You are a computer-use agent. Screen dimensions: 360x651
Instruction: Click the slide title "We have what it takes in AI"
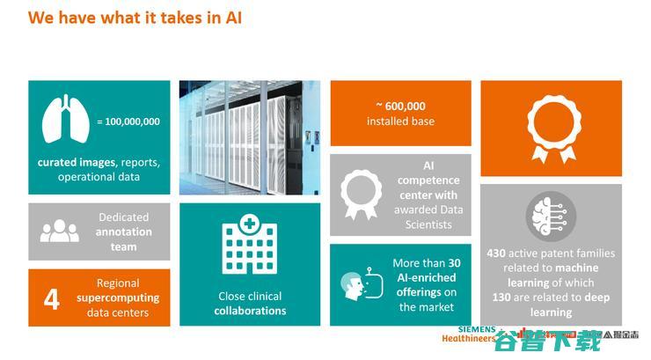135,18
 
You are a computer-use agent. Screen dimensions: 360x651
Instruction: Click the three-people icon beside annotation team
59,231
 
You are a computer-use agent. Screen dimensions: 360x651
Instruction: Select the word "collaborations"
251,311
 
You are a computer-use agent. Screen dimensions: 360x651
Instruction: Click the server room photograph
250,138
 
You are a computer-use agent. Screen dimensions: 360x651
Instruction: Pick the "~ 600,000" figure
400,106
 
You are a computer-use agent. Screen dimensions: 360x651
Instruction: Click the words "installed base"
400,121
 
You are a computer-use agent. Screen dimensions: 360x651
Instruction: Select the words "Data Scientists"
428,217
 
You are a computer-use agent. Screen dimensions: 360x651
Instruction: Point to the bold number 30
454,262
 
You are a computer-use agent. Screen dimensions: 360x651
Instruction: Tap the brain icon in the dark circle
551,217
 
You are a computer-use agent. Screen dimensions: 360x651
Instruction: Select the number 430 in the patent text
497,253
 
